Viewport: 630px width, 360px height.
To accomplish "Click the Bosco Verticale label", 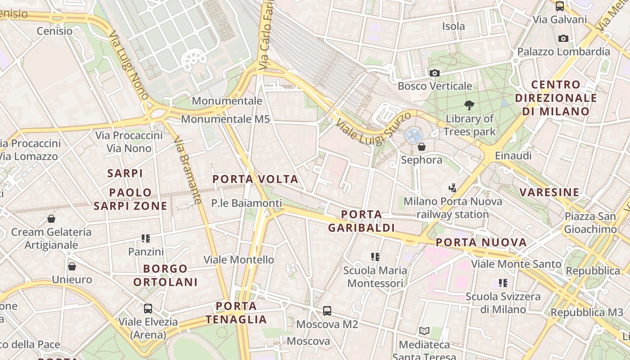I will [435, 86].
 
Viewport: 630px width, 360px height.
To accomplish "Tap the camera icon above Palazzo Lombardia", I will [563, 39].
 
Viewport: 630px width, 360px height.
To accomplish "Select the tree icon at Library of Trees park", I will [469, 105].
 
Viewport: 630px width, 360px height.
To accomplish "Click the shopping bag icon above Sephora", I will [422, 147].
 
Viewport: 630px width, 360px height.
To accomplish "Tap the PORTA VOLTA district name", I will [255, 179].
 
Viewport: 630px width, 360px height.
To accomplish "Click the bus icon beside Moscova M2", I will [327, 310].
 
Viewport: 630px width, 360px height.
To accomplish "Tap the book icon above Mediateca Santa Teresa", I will [424, 331].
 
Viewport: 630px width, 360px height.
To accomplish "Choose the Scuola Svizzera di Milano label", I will [503, 303].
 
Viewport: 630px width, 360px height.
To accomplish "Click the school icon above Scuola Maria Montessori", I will [375, 257].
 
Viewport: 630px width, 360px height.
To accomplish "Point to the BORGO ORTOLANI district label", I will [165, 275].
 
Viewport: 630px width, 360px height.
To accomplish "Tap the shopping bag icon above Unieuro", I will [72, 266].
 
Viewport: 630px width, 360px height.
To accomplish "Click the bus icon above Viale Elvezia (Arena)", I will [148, 309].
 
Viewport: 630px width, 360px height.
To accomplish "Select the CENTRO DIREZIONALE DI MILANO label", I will [556, 98].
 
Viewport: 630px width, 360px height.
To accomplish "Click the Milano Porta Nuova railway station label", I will [452, 207].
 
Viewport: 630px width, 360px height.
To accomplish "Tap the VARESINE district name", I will [549, 193].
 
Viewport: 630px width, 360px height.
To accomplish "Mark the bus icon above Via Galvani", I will [559, 6].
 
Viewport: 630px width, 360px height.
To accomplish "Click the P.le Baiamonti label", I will [247, 203].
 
